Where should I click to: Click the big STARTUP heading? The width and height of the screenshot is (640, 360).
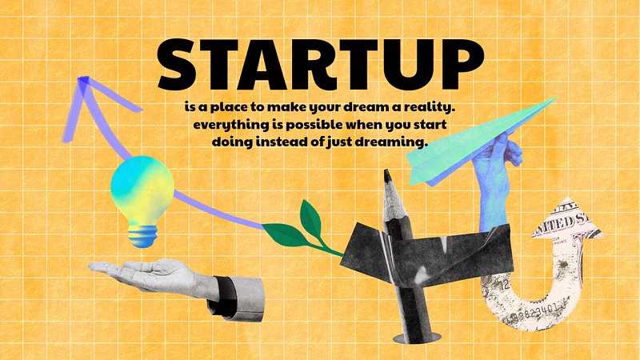coord(321,65)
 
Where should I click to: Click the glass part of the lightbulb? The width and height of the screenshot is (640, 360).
coord(142,191)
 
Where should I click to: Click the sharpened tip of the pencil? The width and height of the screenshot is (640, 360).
coord(387,176)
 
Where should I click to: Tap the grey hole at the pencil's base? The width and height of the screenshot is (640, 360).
coord(416,338)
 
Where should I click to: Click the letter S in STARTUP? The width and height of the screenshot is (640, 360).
coord(178,65)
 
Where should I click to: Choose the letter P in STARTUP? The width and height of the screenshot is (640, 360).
coord(464,65)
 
